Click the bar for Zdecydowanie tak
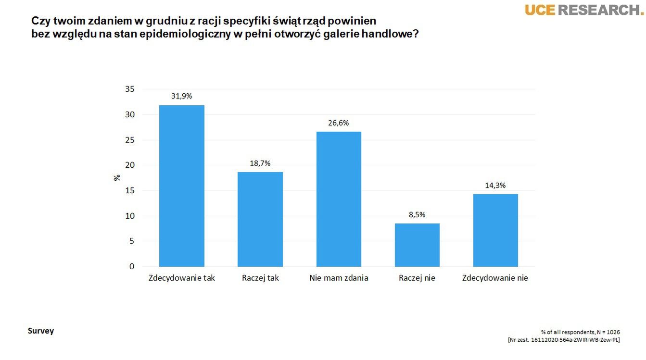(x=181, y=186)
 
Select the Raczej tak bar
(x=260, y=219)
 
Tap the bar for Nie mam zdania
(x=339, y=199)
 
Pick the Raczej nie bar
(x=417, y=245)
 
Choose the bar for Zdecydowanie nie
(x=495, y=230)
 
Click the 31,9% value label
(x=181, y=96)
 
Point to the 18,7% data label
(x=260, y=163)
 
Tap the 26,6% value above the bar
(x=339, y=123)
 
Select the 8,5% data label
(x=417, y=215)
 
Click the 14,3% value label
(x=495, y=186)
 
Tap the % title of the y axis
(x=117, y=177)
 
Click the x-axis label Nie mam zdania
(x=339, y=278)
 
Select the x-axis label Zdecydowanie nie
(x=495, y=278)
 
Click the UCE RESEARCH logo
(x=583, y=10)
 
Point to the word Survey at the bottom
(x=41, y=331)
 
